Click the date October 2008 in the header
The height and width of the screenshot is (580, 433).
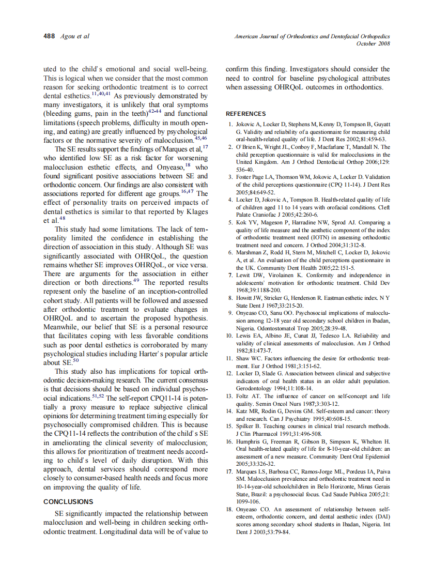point(373,43)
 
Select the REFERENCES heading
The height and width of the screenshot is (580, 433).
point(246,114)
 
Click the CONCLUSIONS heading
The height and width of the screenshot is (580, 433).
point(68,501)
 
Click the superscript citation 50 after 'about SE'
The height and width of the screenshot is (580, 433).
point(75,360)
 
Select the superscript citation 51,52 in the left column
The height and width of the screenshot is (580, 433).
point(98,396)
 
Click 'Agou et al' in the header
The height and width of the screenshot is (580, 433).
point(75,36)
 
